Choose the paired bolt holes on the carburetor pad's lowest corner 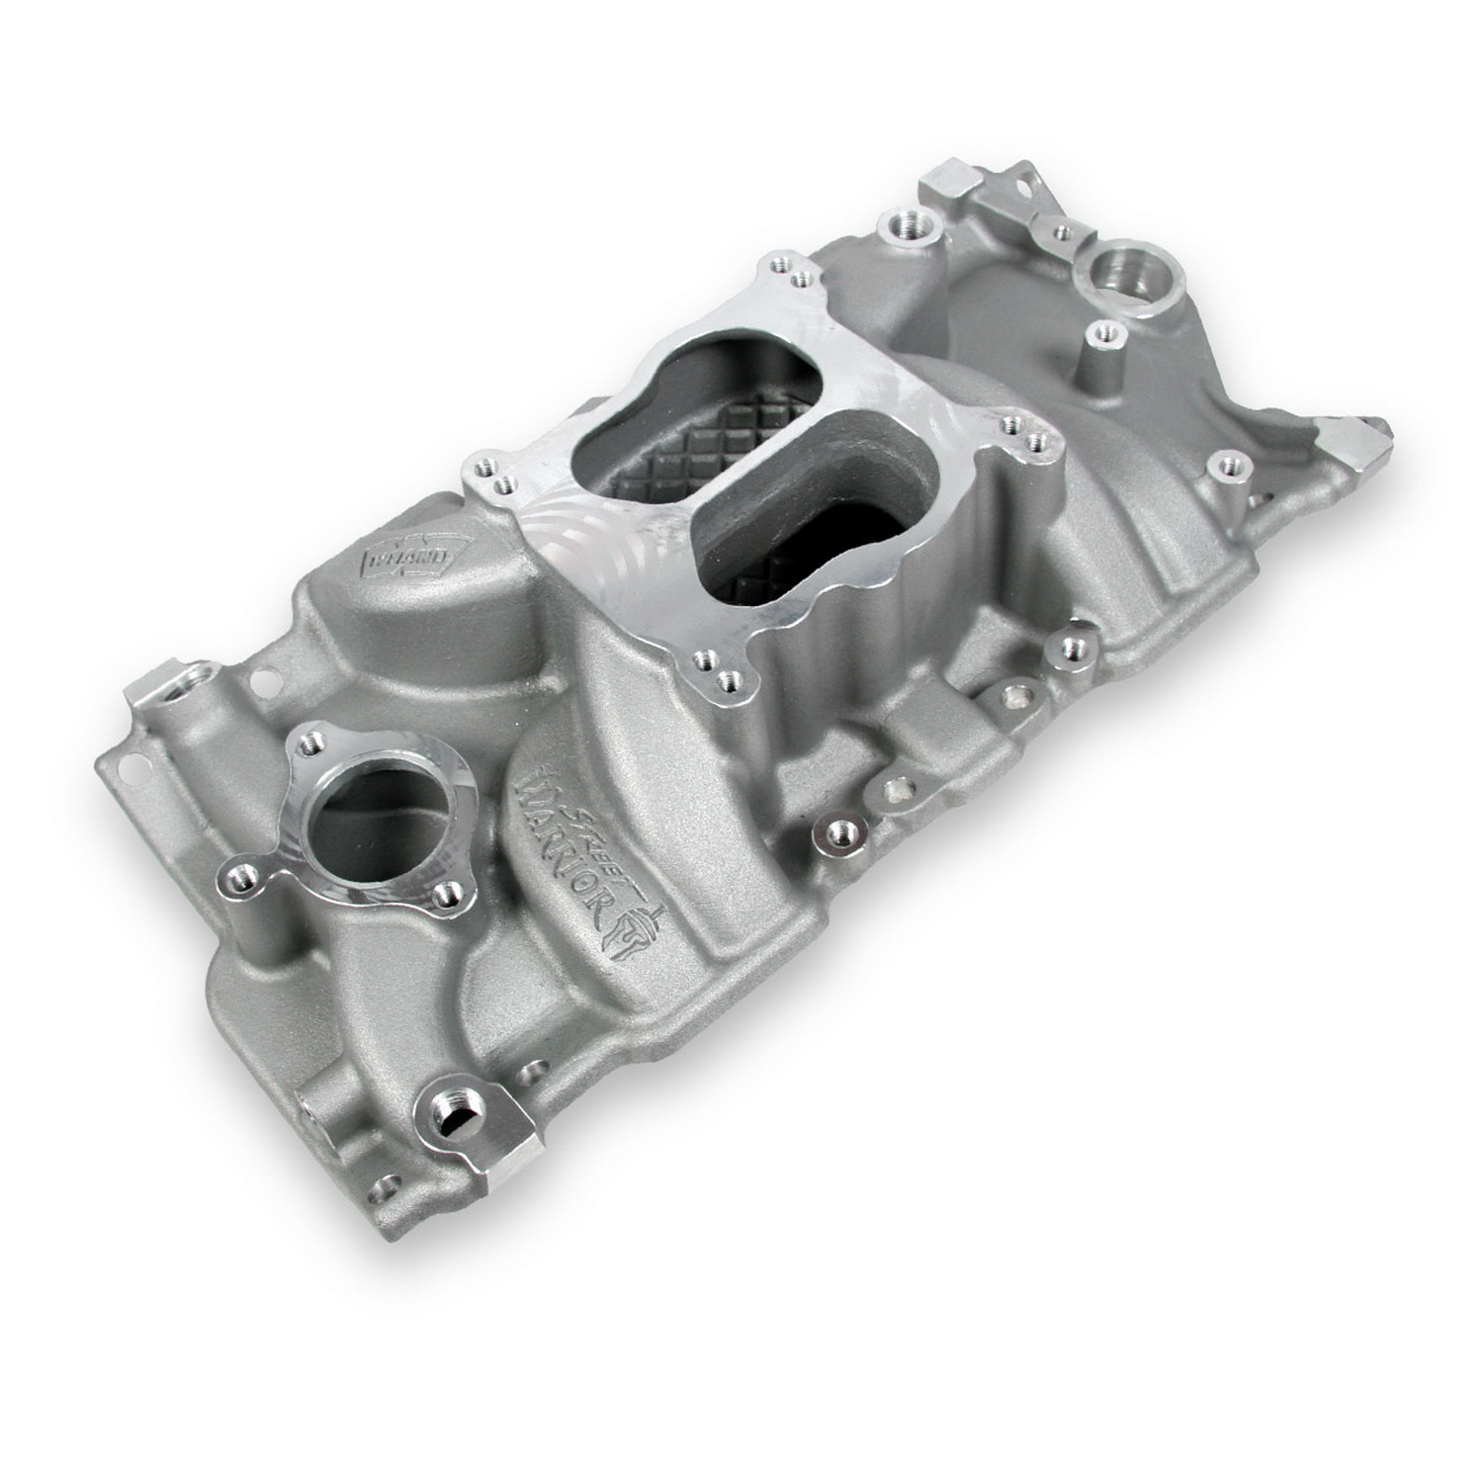(x=718, y=666)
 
